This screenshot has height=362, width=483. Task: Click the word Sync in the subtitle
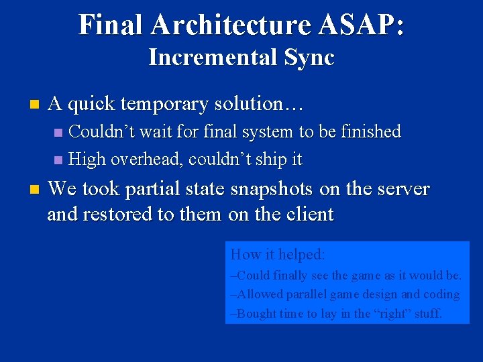point(309,58)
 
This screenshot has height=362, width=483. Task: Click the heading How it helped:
point(278,255)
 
